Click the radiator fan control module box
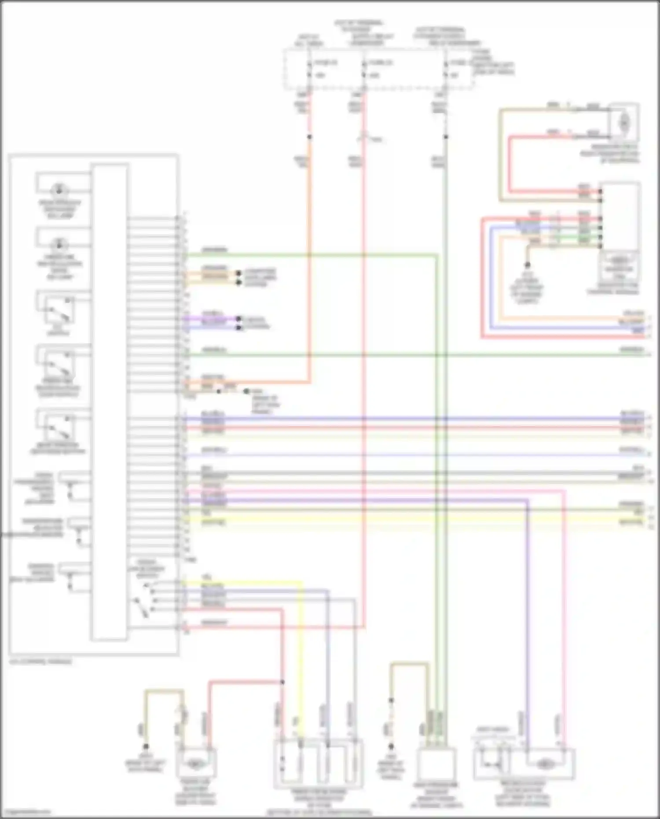point(620,216)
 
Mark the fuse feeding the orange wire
point(309,69)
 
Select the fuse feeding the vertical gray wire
point(445,69)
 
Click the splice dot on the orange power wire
point(309,137)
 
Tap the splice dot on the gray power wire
point(445,137)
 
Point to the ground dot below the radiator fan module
point(527,265)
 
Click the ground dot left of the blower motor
point(146,746)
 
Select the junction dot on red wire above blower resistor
point(282,682)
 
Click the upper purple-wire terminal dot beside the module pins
point(238,318)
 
